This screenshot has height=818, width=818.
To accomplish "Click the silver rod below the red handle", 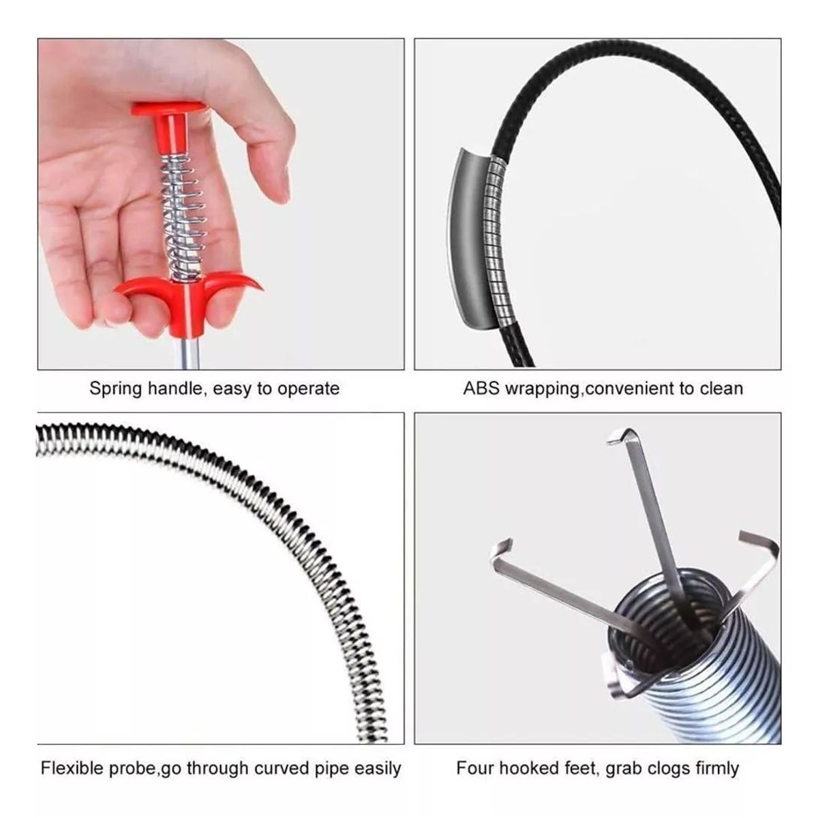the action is [x=190, y=352].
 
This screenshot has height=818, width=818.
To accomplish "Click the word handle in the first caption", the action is [x=177, y=389].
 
